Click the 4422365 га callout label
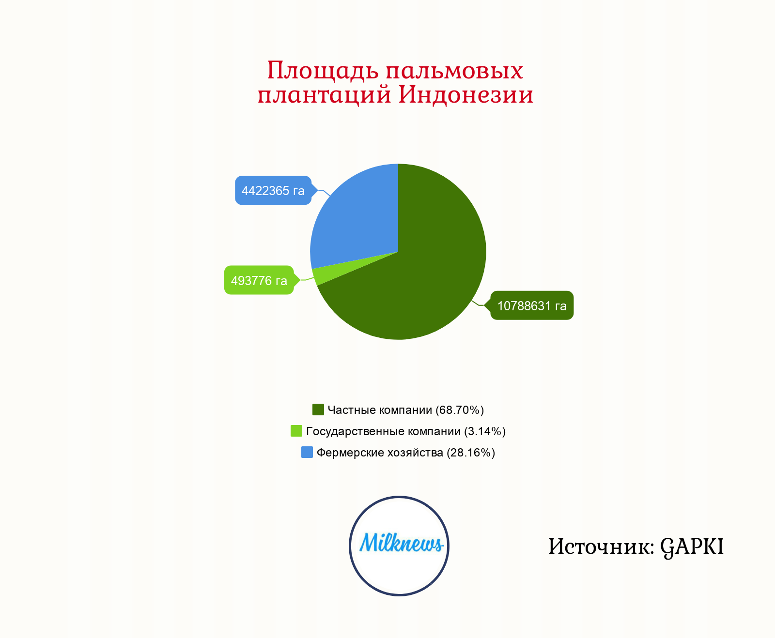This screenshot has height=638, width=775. tap(273, 190)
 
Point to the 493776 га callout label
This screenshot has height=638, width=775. tap(259, 280)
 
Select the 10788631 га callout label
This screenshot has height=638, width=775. tap(532, 305)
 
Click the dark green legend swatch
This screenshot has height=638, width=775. tap(318, 410)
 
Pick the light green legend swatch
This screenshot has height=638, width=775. tap(296, 431)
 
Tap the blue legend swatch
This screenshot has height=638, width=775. tap(307, 452)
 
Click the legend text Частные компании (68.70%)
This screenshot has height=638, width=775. tap(406, 410)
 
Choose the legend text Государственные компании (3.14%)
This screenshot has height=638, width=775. tap(406, 431)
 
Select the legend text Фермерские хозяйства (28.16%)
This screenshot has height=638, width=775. tap(406, 453)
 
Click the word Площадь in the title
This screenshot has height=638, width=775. tap(323, 71)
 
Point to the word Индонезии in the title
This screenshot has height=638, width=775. tap(466, 94)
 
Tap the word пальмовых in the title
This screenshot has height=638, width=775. tap(454, 71)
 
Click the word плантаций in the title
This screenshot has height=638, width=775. tap(325, 95)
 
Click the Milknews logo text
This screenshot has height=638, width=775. tap(401, 543)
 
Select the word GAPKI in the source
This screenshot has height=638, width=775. tap(692, 547)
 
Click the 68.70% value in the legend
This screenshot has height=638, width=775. tap(460, 410)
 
